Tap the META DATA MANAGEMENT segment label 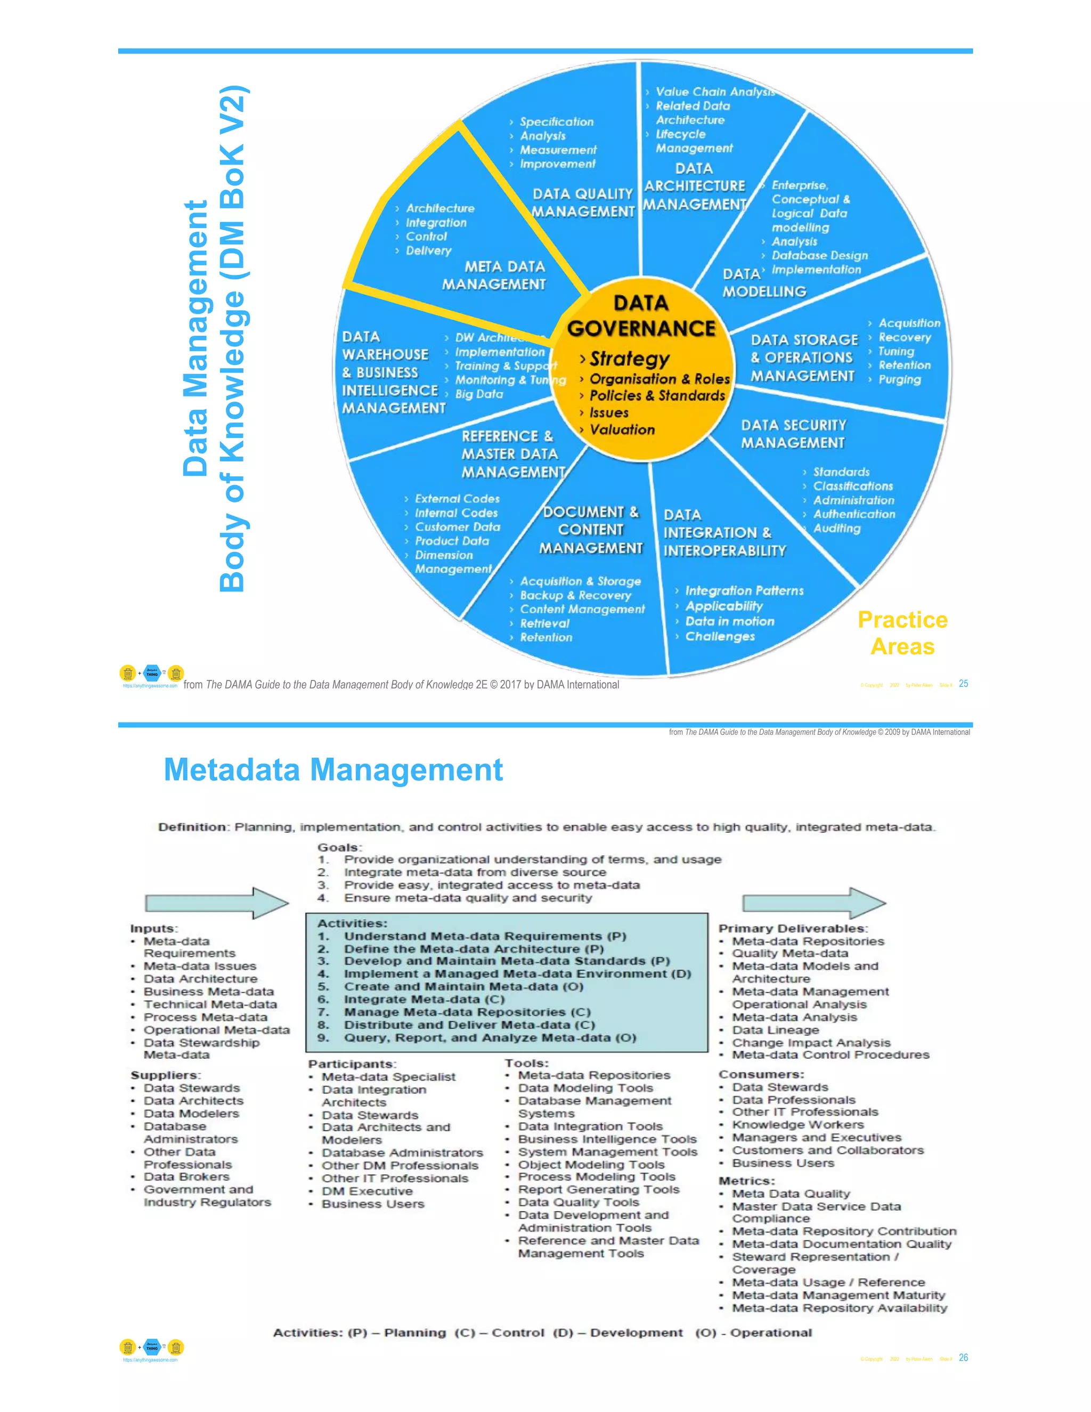(494, 275)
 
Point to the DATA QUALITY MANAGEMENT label (583, 203)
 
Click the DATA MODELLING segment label (764, 283)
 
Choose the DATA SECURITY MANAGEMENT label (793, 434)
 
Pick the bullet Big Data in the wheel (479, 394)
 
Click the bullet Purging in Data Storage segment (899, 379)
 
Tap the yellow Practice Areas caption (902, 633)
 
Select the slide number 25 (963, 684)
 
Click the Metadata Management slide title (333, 769)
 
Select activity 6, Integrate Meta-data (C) (424, 999)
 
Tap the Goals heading (339, 847)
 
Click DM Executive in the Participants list (367, 1191)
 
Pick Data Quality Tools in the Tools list (579, 1202)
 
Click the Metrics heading (746, 1181)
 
